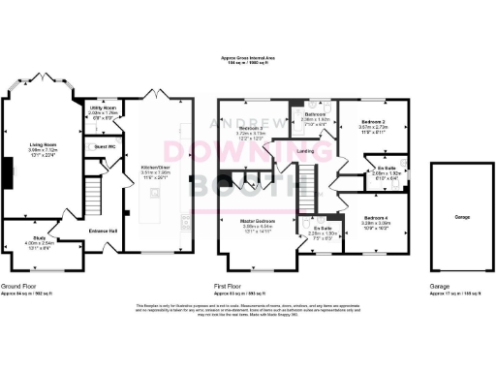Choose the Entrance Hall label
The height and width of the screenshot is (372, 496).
[104, 230]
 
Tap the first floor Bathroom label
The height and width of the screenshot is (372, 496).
[315, 113]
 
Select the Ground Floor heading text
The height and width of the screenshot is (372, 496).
[18, 287]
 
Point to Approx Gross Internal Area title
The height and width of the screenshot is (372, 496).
[247, 59]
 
